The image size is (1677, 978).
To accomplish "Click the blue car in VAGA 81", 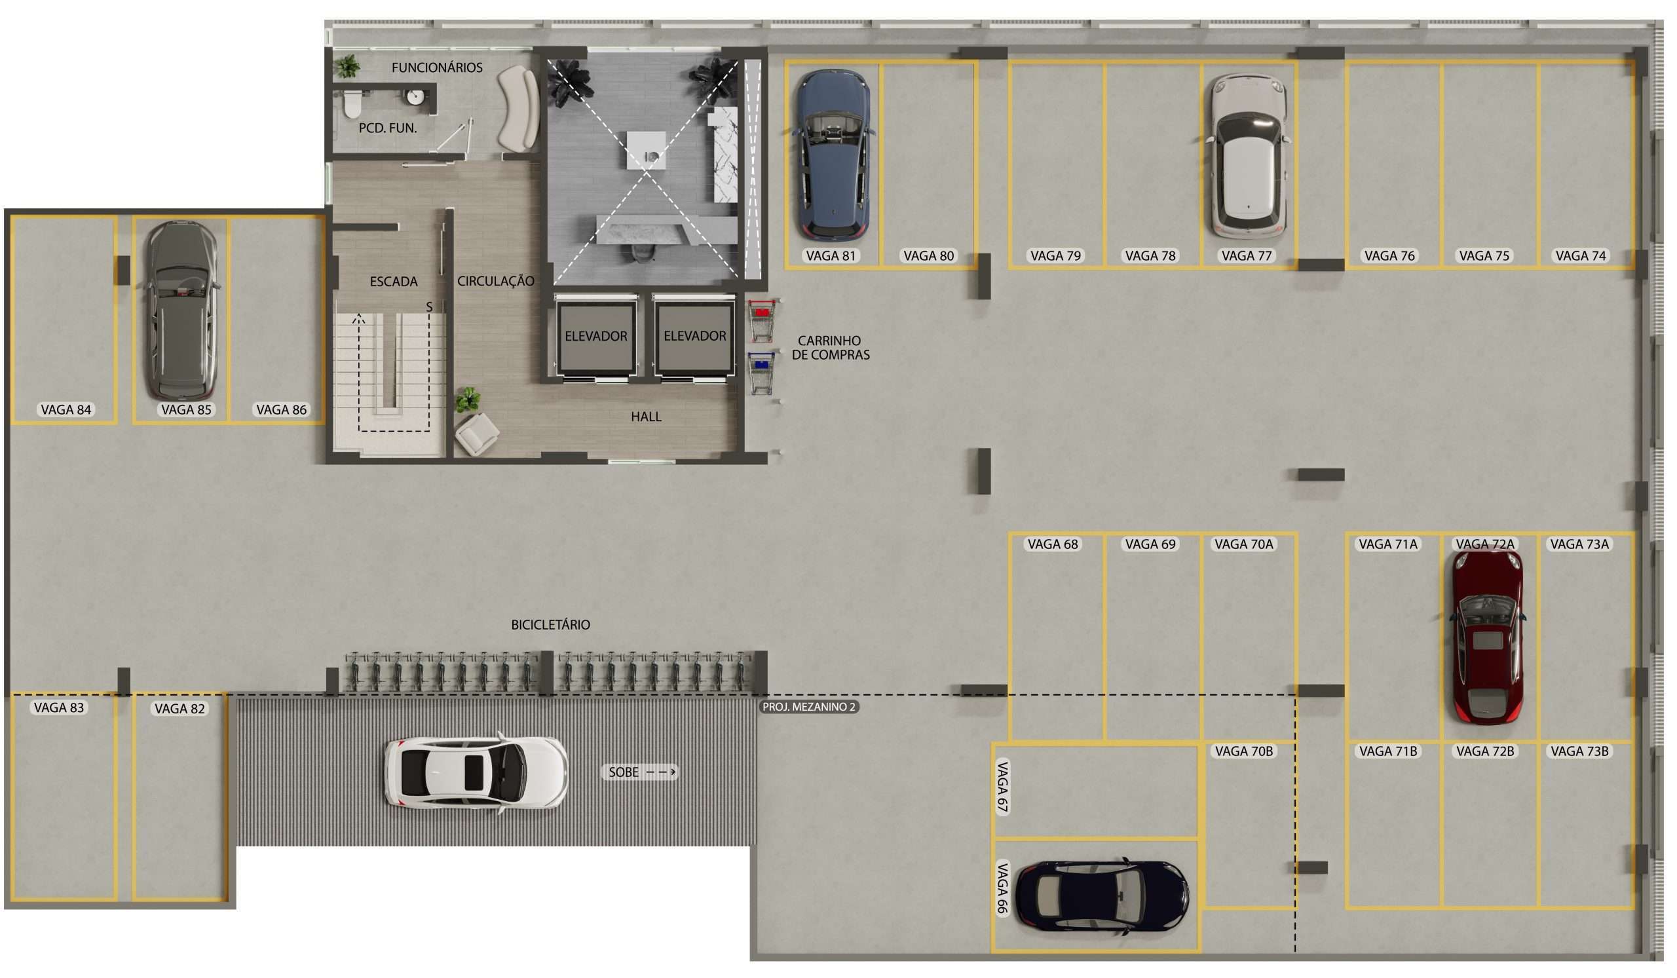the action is click(834, 155).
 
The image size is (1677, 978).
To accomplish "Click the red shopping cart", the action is click(762, 320).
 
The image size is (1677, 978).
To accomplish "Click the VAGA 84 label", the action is click(66, 411).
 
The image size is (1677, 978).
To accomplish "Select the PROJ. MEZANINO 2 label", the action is click(809, 707).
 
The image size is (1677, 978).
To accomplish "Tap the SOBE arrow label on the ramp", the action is click(639, 772).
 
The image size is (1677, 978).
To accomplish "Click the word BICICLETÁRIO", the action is click(550, 626).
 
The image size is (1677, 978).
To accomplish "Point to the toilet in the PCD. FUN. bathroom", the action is click(352, 103).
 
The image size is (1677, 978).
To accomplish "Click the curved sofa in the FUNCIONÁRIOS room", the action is click(518, 108).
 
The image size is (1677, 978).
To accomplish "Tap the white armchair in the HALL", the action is click(476, 434).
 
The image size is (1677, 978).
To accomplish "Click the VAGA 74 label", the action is click(1581, 256).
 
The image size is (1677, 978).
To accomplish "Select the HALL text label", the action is click(646, 417).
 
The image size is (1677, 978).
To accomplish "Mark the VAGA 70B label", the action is click(1244, 752).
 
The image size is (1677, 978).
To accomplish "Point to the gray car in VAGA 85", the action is click(181, 310).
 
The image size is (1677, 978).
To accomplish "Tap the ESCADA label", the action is click(394, 282).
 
